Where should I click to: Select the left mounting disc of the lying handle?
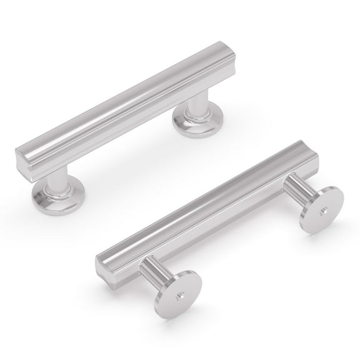(x=177, y=294)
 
